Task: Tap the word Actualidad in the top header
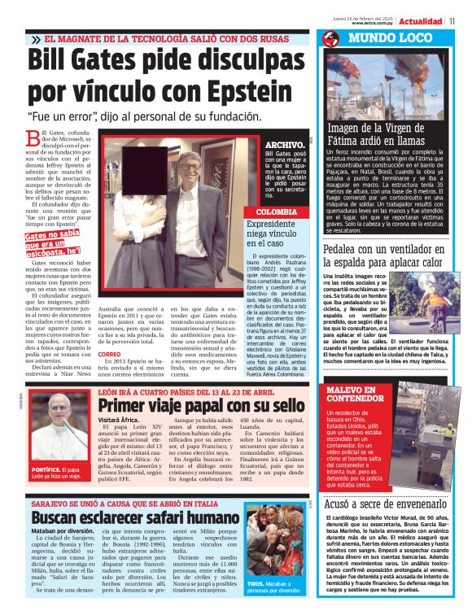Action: [x=421, y=21]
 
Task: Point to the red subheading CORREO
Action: [x=109, y=355]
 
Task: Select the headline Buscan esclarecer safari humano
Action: [x=129, y=517]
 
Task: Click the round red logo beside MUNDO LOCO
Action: [x=330, y=39]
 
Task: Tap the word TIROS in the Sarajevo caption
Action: [x=256, y=583]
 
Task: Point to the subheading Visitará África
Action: [x=116, y=421]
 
